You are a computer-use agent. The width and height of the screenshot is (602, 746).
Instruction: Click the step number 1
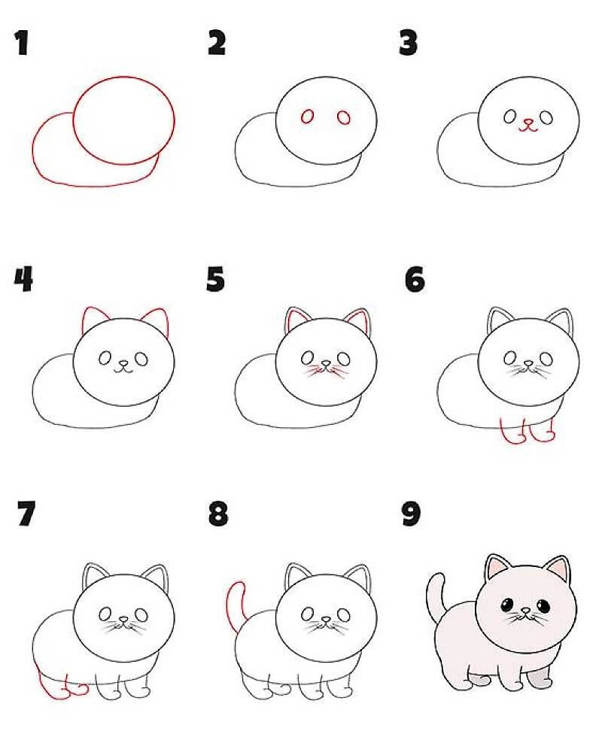pyautogui.click(x=21, y=43)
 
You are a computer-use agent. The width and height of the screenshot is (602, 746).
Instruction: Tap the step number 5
pyautogui.click(x=215, y=279)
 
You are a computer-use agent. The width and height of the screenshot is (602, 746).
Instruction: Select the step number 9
pyautogui.click(x=411, y=514)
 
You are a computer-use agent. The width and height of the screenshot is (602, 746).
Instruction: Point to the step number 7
pyautogui.click(x=26, y=514)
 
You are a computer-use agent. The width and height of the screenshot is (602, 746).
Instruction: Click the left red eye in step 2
pyautogui.click(x=308, y=117)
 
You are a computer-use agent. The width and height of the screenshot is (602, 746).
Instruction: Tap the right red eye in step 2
pyautogui.click(x=344, y=117)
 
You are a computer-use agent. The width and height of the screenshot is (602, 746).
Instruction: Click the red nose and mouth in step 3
pyautogui.click(x=528, y=125)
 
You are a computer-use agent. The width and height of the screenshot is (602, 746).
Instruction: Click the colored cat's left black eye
pyautogui.click(x=506, y=605)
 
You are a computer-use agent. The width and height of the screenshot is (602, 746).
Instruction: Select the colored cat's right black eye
pyautogui.click(x=543, y=605)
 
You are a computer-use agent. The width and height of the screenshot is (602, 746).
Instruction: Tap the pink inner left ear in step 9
pyautogui.click(x=496, y=568)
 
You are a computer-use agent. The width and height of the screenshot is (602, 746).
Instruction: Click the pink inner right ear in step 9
pyautogui.click(x=558, y=569)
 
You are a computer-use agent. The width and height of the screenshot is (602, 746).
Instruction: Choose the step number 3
pyautogui.click(x=409, y=43)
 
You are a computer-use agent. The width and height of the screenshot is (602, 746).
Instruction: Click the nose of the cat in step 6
pyautogui.click(x=528, y=363)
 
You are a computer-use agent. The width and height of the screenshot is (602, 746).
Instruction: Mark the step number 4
pyautogui.click(x=23, y=279)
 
